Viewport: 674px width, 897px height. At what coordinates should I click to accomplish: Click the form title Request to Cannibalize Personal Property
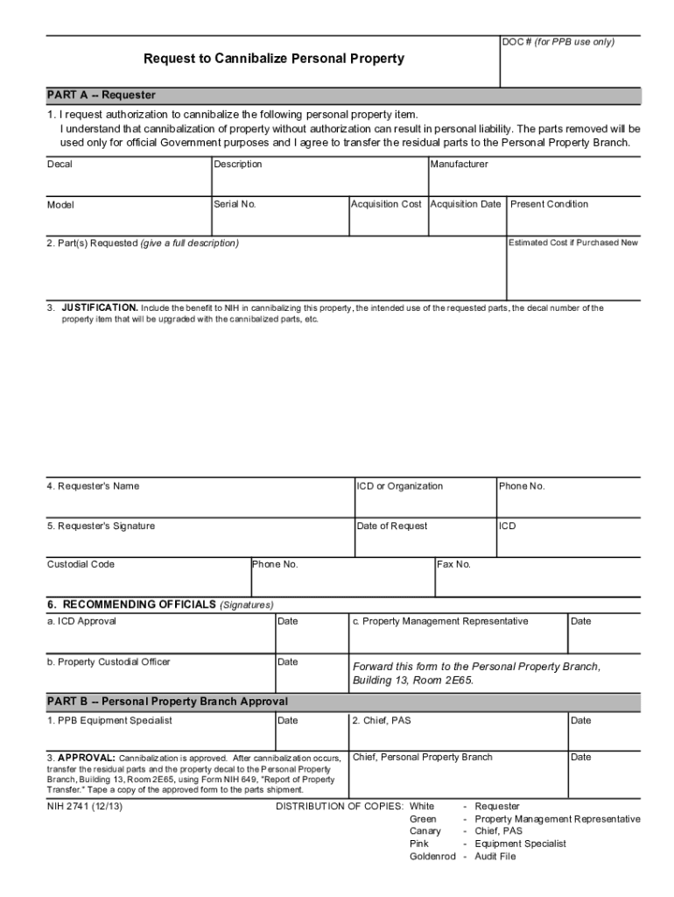point(274,60)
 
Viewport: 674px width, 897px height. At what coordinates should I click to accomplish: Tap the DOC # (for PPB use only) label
point(558,42)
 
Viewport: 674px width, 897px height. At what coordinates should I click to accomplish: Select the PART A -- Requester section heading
point(102,95)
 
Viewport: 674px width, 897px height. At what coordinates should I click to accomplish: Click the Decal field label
point(60,165)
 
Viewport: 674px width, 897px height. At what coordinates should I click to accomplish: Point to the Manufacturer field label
point(459,165)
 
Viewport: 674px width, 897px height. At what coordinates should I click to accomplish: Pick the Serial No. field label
point(235,204)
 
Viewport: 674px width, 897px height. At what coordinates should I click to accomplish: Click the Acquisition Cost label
point(386,204)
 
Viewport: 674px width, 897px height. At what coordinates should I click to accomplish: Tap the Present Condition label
point(549,204)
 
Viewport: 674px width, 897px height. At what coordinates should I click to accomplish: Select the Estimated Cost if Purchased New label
point(573,243)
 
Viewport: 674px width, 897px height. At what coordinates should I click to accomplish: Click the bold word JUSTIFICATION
point(99,308)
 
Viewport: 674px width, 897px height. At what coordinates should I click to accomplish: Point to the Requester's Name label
point(93,486)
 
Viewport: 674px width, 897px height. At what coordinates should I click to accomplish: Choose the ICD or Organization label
point(399,486)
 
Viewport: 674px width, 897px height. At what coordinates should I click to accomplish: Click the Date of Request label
point(392,526)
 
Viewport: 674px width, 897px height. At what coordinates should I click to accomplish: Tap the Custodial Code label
point(81,564)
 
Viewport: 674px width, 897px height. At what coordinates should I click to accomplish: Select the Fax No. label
point(453,564)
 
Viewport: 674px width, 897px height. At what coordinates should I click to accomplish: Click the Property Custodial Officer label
point(109,662)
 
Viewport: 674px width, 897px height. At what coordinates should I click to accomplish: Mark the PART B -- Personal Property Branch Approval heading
point(167,702)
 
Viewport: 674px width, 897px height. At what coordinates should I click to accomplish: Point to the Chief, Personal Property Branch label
point(422,757)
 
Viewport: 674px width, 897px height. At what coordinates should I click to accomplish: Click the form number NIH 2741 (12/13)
point(84,806)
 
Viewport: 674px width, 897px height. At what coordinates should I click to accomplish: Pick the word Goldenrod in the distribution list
point(432,856)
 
